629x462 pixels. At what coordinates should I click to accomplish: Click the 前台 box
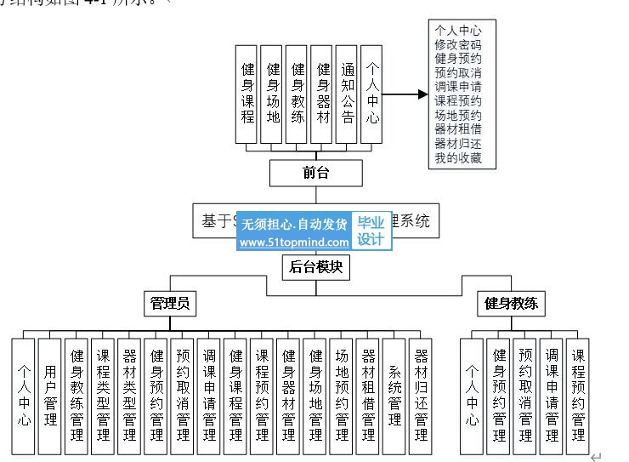coord(315,173)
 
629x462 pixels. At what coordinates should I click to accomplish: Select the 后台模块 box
coord(315,267)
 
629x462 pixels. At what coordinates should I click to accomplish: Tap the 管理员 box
coord(169,303)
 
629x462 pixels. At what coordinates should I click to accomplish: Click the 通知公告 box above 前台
coord(347,93)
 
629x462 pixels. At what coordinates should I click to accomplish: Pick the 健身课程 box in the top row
coord(247,93)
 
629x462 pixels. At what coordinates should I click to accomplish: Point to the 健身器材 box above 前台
coord(322,93)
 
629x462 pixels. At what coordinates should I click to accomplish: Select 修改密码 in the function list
coord(458,43)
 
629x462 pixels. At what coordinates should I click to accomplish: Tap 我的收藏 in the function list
coord(458,157)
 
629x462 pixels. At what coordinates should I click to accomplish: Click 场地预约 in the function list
coord(458,115)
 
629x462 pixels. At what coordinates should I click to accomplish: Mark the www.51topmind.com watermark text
coord(294,242)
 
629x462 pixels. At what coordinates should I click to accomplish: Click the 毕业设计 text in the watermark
coord(371,231)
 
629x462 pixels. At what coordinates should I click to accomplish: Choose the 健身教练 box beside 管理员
coord(514,303)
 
